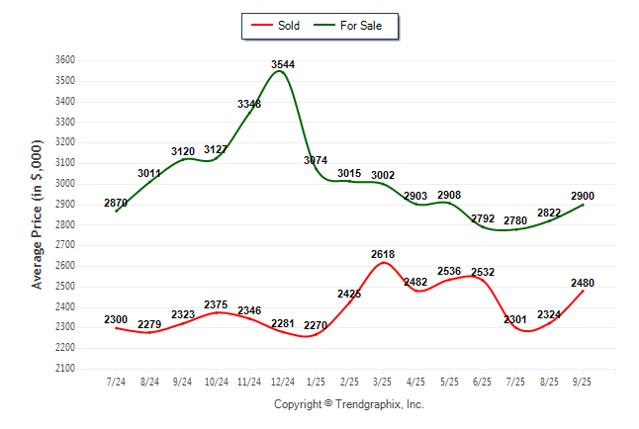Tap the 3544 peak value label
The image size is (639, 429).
pos(283,64)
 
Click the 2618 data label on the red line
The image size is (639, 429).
pos(383,255)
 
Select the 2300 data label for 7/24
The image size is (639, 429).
pos(116,320)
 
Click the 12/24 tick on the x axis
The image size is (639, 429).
pos(283,381)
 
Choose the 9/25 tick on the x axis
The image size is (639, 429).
pos(584,381)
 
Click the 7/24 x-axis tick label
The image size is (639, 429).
pos(116,381)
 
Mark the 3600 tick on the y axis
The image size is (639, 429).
pos(65,59)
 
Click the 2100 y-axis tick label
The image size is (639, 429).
pos(65,369)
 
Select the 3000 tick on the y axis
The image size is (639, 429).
pos(65,183)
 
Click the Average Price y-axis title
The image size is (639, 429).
pos(38,214)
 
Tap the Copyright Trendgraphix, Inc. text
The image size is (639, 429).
pos(347,404)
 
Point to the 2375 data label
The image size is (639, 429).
pos(216,304)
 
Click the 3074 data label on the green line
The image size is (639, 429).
pos(317,160)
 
